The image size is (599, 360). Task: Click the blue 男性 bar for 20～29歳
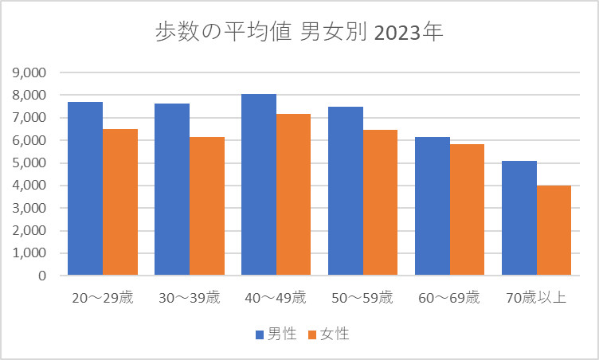(85, 189)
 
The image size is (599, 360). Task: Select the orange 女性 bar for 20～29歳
(120, 202)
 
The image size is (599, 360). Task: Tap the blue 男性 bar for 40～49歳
(259, 185)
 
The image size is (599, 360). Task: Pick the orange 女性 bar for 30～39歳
(207, 206)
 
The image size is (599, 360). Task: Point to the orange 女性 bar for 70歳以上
(554, 230)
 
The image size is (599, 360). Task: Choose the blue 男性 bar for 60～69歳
(432, 206)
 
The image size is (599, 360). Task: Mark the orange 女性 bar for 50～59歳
(380, 202)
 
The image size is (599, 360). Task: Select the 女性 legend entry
(328, 334)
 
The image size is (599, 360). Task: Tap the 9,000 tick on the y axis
(30, 72)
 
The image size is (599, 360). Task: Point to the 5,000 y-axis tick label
(30, 163)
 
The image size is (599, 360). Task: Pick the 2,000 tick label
(30, 231)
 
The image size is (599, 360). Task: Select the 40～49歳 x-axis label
(276, 298)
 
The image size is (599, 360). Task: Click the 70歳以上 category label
(536, 298)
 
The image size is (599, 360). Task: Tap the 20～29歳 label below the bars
(103, 298)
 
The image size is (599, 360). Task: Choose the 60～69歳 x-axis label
(449, 298)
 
